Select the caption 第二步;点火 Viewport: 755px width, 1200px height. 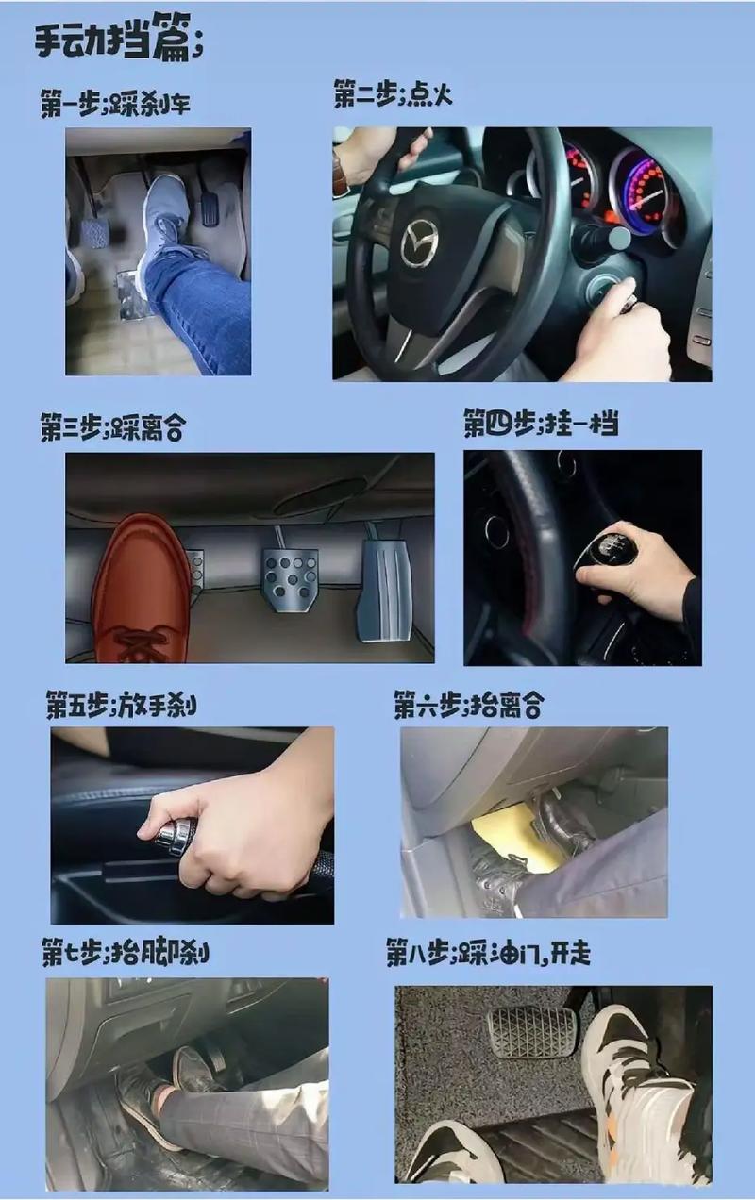[393, 94]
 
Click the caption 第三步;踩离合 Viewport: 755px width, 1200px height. [112, 428]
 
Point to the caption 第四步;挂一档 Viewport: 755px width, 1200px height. [540, 423]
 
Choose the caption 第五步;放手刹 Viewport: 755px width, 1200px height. [122, 704]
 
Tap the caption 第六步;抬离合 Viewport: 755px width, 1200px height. [468, 704]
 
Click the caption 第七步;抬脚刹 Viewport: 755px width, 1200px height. [125, 952]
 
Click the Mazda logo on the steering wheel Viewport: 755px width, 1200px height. [419, 243]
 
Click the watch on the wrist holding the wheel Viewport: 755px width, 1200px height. [341, 175]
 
